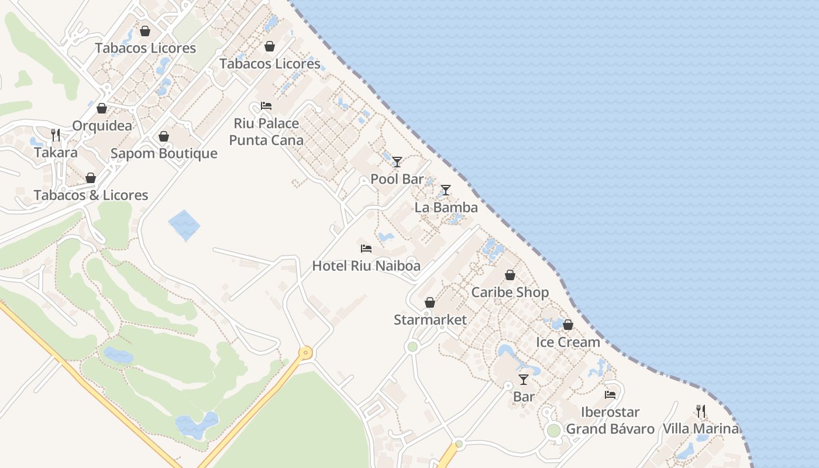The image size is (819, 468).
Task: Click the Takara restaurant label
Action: point(56,153)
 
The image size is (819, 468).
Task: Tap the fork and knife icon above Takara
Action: point(56,135)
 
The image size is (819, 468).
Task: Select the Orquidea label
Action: point(102,126)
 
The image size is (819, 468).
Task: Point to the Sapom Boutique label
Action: point(164,153)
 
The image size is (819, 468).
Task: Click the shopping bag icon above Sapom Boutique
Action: point(164,136)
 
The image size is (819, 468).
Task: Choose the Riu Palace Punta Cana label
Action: point(266,132)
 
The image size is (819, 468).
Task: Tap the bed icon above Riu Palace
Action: point(266,106)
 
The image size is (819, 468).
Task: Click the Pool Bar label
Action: point(397,179)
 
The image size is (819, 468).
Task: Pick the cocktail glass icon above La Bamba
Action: point(446,190)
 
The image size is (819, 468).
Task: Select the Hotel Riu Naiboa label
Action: point(366,266)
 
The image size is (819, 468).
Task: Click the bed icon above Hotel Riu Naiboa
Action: point(366,249)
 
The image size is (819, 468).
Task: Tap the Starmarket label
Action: point(430,319)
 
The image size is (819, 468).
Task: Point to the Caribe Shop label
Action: point(510,292)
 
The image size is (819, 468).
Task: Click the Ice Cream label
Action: point(568,342)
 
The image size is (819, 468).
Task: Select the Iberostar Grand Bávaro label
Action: point(610,420)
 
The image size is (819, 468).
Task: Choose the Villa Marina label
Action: point(701,428)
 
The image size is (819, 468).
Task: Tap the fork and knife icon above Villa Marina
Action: point(701,411)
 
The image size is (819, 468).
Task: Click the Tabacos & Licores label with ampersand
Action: point(91,195)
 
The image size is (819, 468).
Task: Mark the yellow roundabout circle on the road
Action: point(305,353)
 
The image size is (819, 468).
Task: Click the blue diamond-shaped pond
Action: point(184,225)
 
